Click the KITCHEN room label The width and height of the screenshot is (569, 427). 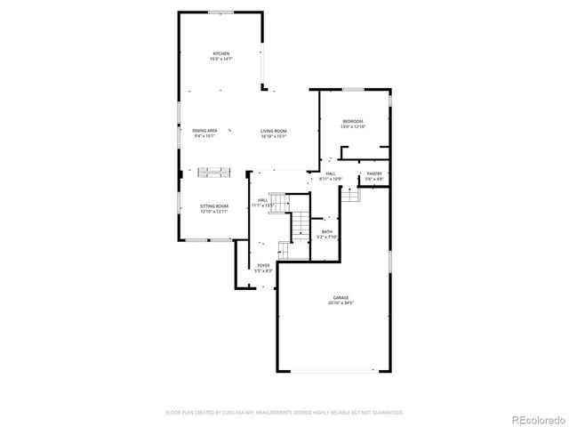pos(220,53)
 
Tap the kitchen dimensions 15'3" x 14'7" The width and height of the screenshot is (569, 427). pos(220,59)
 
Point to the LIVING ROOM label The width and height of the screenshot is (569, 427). pos(273,131)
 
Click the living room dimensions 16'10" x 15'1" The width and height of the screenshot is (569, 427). pos(273,136)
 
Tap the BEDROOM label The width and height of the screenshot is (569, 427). pos(352,121)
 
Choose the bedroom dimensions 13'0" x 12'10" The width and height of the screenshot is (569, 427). pos(352,126)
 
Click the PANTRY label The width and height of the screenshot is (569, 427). pos(374,173)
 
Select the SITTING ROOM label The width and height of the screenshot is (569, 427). pos(214,205)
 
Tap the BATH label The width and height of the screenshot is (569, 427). pos(327,231)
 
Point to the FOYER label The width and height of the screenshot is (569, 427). pos(264,264)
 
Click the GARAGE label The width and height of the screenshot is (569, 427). pos(341,298)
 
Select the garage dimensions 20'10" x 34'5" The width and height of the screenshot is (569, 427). pos(341,303)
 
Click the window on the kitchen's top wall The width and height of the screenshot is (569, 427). pos(220,12)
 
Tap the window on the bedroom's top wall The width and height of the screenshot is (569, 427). pos(353,89)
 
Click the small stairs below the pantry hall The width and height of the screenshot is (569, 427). pos(352,194)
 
